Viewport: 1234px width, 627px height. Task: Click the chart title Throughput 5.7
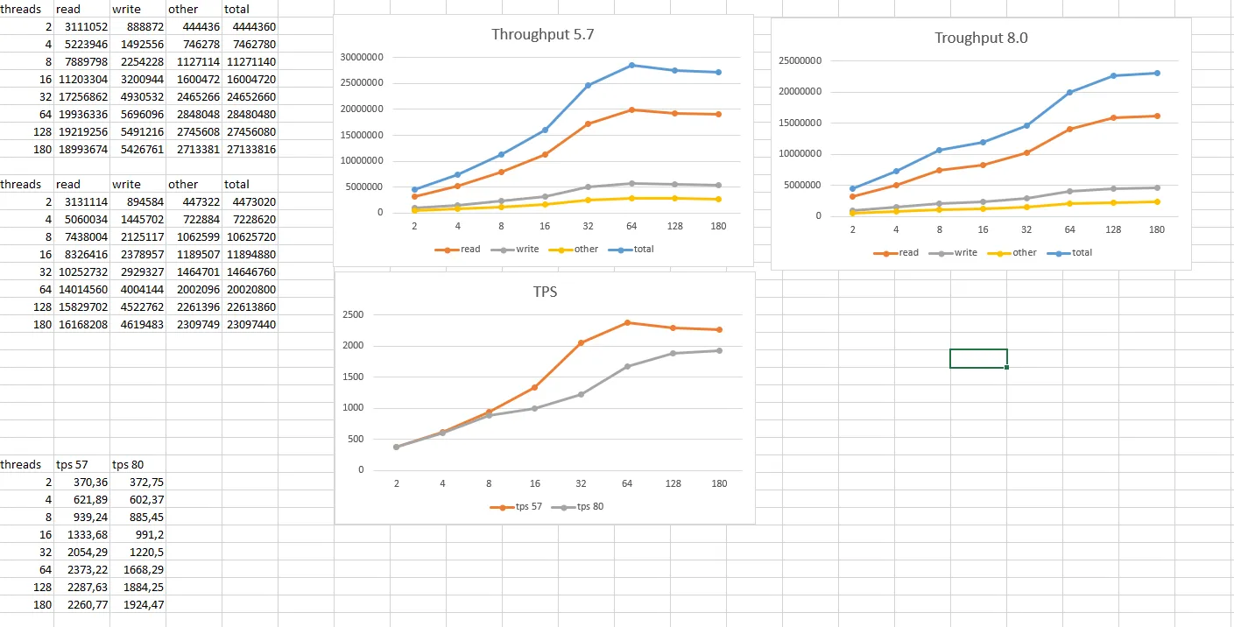pyautogui.click(x=543, y=35)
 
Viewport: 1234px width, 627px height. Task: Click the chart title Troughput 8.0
pyautogui.click(x=980, y=38)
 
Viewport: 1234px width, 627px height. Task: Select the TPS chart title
pyautogui.click(x=545, y=292)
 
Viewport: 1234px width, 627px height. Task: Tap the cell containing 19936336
pyautogui.click(x=81, y=114)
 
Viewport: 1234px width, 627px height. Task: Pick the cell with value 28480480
pyautogui.click(x=250, y=114)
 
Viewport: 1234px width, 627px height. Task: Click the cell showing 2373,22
pyautogui.click(x=82, y=569)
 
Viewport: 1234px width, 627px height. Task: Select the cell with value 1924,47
pyautogui.click(x=138, y=604)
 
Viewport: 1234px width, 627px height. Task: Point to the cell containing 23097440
pyautogui.click(x=250, y=324)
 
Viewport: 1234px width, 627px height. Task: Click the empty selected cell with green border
pyautogui.click(x=978, y=358)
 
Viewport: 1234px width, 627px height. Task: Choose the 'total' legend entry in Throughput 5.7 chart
pyautogui.click(x=643, y=249)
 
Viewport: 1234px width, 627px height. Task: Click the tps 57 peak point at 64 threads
pyautogui.click(x=627, y=322)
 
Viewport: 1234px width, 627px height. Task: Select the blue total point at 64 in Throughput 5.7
pyautogui.click(x=631, y=65)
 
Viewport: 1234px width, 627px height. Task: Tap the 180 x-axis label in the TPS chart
pyautogui.click(x=719, y=483)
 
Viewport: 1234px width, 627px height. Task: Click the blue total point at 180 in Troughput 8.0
pyautogui.click(x=1157, y=73)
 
